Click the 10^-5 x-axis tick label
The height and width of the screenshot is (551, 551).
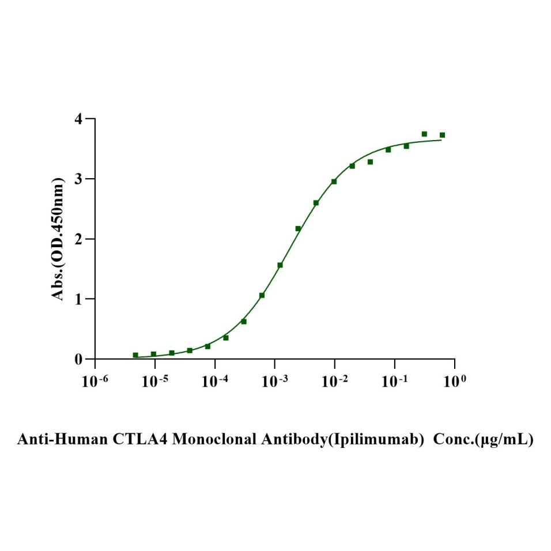pos(154,381)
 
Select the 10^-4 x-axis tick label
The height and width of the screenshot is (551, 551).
pos(214,381)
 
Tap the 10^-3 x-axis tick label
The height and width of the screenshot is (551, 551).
pos(274,381)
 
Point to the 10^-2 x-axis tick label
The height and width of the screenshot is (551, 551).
pos(334,381)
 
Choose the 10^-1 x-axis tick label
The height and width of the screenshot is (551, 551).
pos(394,381)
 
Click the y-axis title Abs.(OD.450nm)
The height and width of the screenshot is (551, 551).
pos(58,239)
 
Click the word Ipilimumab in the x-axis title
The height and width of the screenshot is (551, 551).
pos(378,440)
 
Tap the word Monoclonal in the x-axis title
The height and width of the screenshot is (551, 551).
pos(211,440)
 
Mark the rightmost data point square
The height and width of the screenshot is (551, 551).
pos(442,135)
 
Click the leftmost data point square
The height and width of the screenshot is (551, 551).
pos(135,355)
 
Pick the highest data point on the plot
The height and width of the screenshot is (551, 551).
pos(424,134)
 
